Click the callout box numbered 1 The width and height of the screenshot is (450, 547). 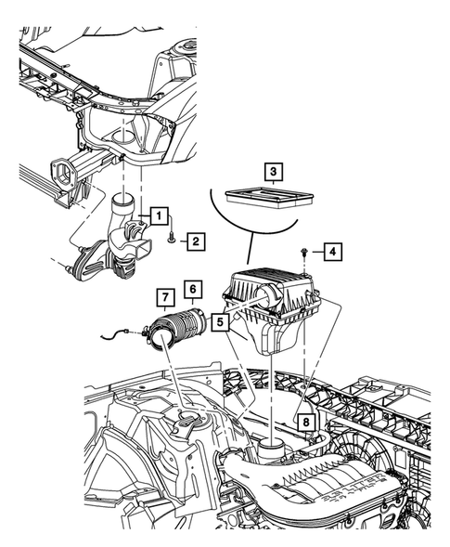coord(159,216)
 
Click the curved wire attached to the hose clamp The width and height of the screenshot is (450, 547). coord(116,333)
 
